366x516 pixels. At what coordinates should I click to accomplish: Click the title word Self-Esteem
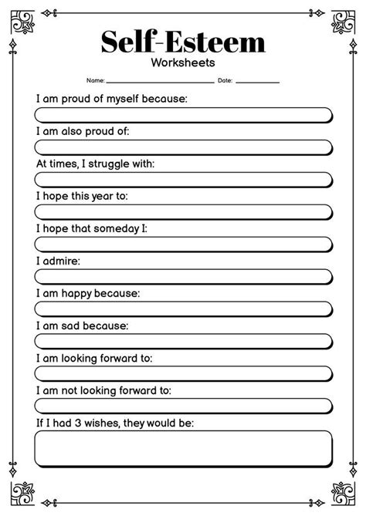coord(183,42)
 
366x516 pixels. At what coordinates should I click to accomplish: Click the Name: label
coord(95,80)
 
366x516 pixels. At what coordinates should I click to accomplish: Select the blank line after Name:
coord(160,81)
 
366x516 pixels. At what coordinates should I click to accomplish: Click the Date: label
coord(225,80)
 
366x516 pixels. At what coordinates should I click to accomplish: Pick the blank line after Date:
coord(258,81)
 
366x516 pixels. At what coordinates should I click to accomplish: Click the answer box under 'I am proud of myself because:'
coord(183,115)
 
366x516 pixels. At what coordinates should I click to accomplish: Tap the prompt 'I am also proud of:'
coord(83,131)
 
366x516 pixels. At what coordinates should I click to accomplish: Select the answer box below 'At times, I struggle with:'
coord(183,180)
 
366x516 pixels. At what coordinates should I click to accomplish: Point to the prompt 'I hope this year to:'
coord(82,196)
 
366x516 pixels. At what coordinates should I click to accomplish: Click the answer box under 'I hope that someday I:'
coord(183,245)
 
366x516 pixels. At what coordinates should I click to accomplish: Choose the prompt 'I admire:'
coord(58,261)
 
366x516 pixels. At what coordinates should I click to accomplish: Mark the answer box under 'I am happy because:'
coord(183,309)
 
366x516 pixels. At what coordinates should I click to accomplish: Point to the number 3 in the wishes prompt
coord(79,423)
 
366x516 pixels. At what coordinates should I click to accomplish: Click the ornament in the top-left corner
coord(19,19)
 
